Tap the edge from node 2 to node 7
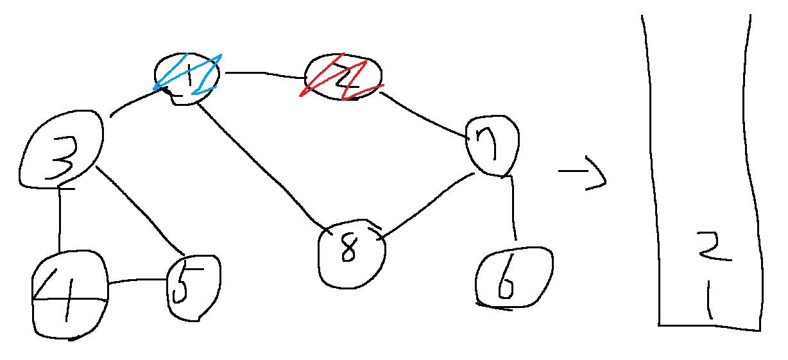click(x=424, y=116)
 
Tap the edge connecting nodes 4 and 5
click(x=137, y=282)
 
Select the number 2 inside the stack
click(x=713, y=250)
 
